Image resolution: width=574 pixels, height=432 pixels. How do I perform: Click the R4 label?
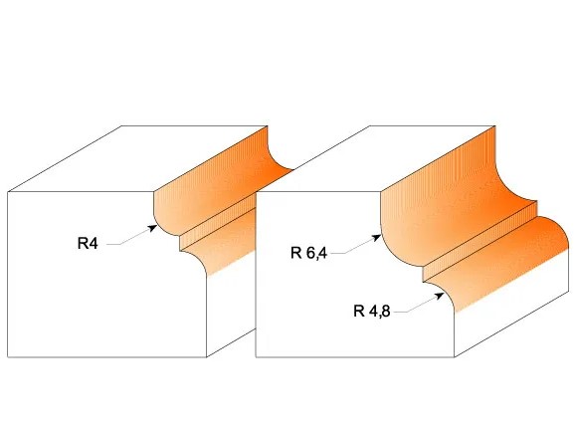(x=88, y=243)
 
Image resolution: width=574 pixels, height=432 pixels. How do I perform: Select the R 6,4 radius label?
(x=308, y=253)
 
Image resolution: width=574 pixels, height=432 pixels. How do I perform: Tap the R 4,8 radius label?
(x=372, y=312)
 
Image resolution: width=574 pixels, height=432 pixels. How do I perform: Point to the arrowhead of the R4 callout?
(x=152, y=228)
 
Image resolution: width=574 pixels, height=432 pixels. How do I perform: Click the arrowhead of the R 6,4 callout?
(x=376, y=238)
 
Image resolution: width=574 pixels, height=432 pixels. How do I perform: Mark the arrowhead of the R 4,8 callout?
(x=439, y=296)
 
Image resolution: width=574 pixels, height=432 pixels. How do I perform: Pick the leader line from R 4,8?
(x=419, y=304)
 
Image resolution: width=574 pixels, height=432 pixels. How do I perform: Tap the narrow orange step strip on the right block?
(x=479, y=242)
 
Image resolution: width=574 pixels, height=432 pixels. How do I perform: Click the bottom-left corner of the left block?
(x=8, y=357)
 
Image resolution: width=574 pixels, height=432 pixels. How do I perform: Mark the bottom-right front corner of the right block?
(x=455, y=357)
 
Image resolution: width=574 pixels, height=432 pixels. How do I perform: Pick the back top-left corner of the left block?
(x=121, y=126)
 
